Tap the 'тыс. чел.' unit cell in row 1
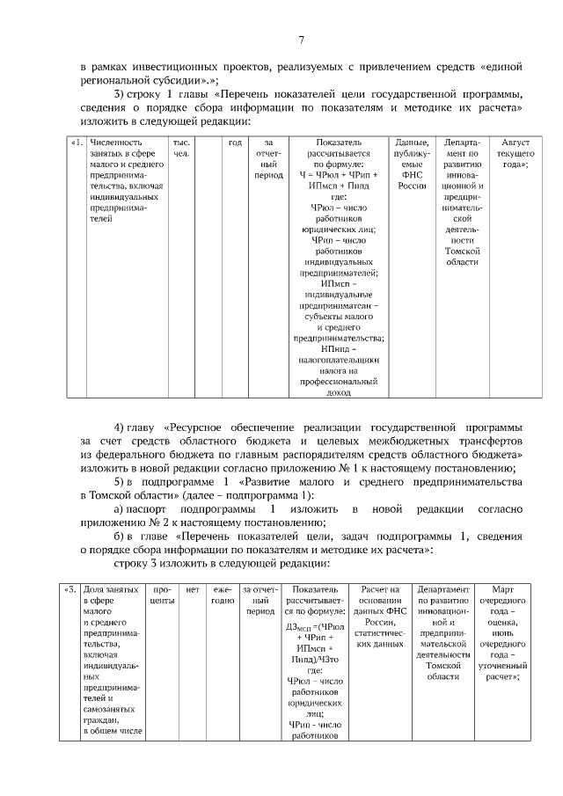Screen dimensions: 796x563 click(181, 148)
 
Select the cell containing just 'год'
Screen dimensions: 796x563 click(235, 142)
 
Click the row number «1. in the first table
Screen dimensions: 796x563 click(77, 142)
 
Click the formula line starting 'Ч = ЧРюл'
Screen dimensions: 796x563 click(333, 175)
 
